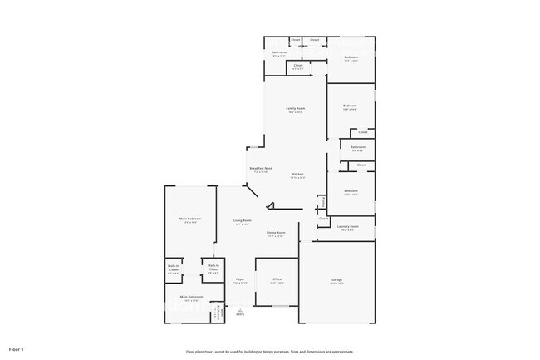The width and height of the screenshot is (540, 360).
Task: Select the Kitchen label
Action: (297, 174)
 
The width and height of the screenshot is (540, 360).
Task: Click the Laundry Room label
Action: (348, 226)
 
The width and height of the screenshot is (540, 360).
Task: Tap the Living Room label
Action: (243, 220)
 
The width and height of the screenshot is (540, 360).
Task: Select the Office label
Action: (277, 279)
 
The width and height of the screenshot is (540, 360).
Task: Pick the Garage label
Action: (337, 279)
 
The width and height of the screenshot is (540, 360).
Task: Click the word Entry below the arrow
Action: (240, 314)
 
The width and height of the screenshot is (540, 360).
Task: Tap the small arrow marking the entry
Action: (240, 308)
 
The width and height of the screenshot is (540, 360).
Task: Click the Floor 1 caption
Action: (17, 348)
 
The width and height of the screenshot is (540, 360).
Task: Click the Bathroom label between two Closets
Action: (357, 149)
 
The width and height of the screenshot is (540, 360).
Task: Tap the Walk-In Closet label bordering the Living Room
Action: (214, 268)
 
